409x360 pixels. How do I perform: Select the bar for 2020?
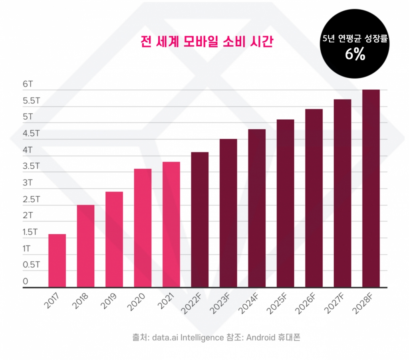[x=143, y=227]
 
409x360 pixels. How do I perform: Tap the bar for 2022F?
[x=200, y=220]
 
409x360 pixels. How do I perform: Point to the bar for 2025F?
[x=285, y=203]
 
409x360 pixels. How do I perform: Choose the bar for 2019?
[x=114, y=239]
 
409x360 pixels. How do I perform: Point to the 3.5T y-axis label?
[x=31, y=166]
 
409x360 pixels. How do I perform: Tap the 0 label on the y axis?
[x=25, y=281]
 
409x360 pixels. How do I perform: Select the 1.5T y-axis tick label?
[x=31, y=232]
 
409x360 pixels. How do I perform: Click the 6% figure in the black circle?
[x=355, y=55]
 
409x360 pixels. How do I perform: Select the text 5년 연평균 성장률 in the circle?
[x=355, y=40]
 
